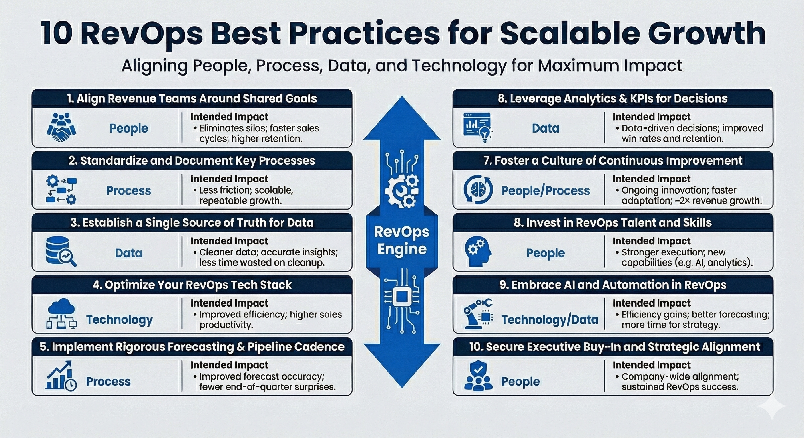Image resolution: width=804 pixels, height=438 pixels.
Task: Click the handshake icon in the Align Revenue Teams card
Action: tap(61, 127)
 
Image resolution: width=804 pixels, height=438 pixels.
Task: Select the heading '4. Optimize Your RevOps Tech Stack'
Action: tap(192, 285)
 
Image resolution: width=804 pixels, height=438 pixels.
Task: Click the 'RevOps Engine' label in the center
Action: tap(402, 240)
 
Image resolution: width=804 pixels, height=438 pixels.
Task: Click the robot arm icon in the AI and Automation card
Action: tap(478, 314)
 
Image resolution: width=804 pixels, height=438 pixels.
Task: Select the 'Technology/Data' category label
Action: tap(550, 320)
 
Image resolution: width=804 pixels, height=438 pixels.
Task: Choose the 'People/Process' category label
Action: tap(546, 191)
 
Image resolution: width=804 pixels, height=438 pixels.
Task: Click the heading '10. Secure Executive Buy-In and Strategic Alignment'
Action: tap(614, 347)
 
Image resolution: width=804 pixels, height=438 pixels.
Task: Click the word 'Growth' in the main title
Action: tap(707, 34)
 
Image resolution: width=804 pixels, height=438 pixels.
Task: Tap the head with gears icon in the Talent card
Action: tap(478, 252)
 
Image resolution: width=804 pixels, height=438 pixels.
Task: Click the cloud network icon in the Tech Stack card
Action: tap(61, 314)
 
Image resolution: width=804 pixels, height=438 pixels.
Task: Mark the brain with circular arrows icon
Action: tap(478, 190)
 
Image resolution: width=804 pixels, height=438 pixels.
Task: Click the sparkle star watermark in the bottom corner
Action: tap(772, 407)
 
